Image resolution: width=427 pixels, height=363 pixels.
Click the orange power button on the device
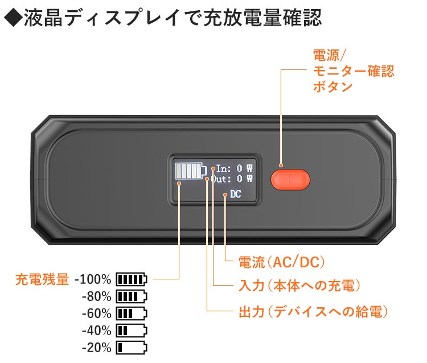click(290, 179)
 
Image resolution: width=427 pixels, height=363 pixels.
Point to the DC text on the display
click(236, 194)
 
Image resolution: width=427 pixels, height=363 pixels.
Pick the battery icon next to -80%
click(132, 296)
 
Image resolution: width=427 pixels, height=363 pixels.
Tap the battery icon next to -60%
click(132, 313)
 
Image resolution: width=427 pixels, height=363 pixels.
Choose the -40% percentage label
click(97, 331)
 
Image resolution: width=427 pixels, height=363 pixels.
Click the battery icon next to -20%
click(132, 347)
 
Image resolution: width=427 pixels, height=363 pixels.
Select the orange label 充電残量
click(42, 279)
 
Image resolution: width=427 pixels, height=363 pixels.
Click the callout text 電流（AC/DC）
click(282, 262)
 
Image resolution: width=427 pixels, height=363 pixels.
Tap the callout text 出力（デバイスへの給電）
click(313, 311)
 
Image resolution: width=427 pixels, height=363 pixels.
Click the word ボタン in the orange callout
click(333, 87)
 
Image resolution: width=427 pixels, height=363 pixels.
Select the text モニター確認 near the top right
click(353, 72)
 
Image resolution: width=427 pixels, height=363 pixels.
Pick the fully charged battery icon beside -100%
click(132, 279)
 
